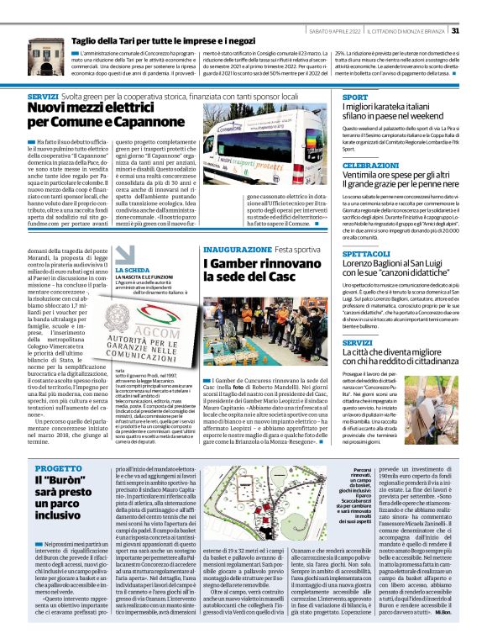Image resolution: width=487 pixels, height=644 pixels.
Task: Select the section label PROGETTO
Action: click(47, 467)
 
